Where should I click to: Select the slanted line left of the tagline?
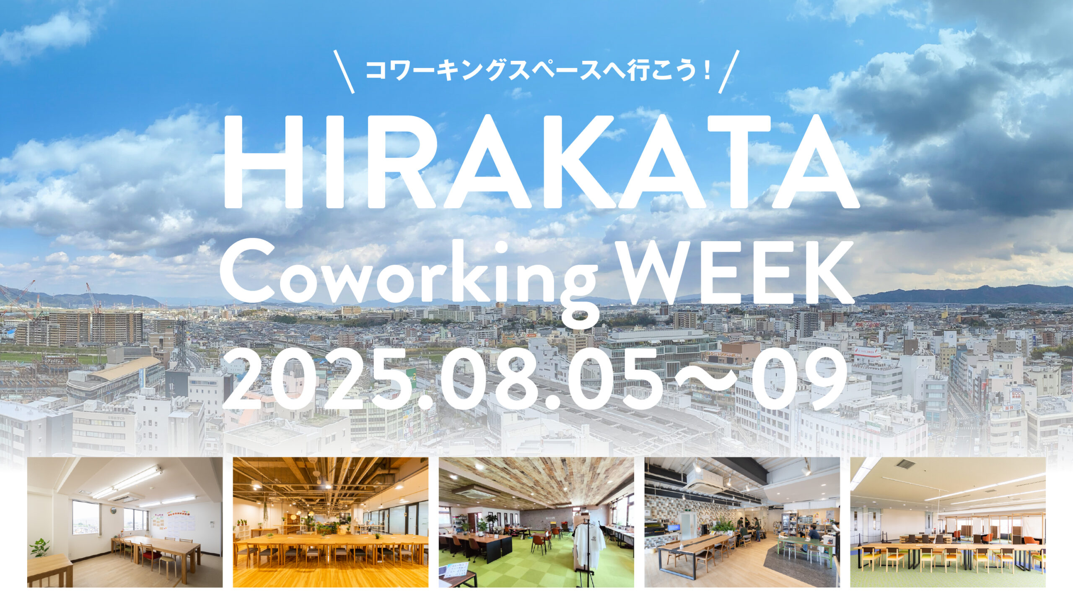click(x=344, y=71)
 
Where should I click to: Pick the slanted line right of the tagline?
click(x=729, y=71)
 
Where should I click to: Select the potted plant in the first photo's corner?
click(x=40, y=548)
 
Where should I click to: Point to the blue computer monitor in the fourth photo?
click(x=673, y=528)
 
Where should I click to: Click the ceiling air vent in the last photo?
click(x=905, y=464)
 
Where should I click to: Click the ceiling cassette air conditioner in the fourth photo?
click(x=705, y=482)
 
